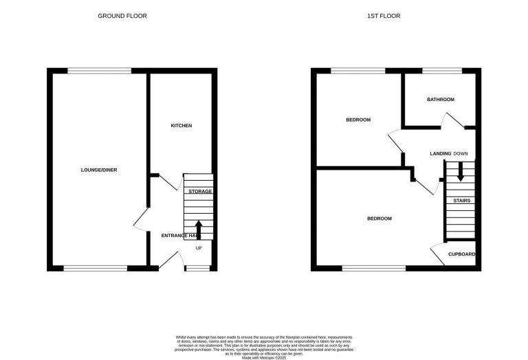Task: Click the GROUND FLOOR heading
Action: tap(122, 16)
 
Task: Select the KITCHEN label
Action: tap(181, 126)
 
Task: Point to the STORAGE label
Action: tap(200, 191)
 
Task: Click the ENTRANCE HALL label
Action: tap(180, 236)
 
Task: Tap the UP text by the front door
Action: tap(199, 248)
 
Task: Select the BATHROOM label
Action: tap(440, 100)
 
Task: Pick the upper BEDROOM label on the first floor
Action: tap(357, 120)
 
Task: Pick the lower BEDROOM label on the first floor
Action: tap(379, 218)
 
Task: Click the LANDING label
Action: tap(440, 153)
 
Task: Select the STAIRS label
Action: tap(461, 201)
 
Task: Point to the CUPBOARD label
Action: tap(461, 254)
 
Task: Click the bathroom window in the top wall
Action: tap(441, 70)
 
